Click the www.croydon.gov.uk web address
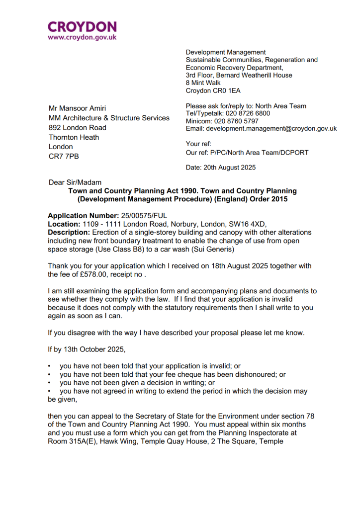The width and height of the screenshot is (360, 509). click(82, 37)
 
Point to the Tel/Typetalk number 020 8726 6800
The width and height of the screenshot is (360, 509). click(248, 113)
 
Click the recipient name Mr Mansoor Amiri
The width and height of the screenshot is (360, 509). click(77, 108)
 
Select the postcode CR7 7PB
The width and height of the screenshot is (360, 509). click(64, 156)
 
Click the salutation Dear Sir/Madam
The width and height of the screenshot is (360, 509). click(75, 182)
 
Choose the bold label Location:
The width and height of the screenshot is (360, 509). click(64, 224)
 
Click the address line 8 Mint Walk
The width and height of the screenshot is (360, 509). click(203, 83)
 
